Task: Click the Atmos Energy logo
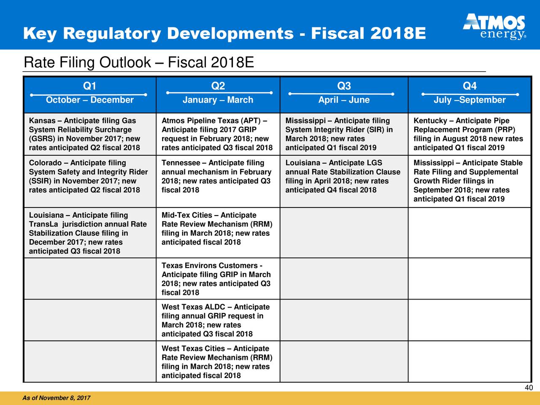494,27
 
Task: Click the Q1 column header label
89,86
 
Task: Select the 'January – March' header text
218,100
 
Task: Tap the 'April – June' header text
344,100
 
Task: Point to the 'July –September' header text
470,100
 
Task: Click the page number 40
529,388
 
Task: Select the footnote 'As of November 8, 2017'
57,398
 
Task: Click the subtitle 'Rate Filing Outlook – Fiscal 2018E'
139,62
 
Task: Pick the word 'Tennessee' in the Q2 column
181,163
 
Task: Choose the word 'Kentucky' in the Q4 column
430,121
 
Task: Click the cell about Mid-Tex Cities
218,232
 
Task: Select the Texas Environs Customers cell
218,278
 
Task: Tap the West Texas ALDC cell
218,320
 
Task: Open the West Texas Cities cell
218,362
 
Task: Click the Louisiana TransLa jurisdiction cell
90,232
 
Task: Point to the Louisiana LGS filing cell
344,181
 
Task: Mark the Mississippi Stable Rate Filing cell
470,181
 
